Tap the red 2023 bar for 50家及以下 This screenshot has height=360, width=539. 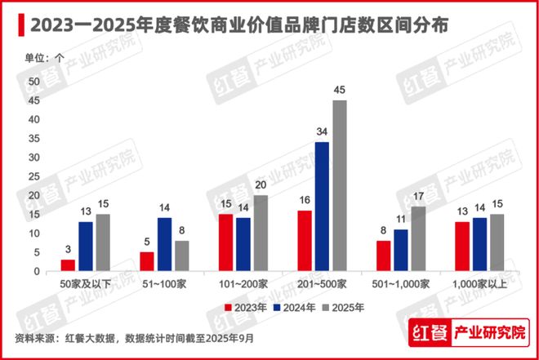tap(68, 265)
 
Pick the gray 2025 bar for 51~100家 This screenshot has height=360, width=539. tap(181, 256)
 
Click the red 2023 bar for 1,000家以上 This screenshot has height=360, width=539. tap(461, 247)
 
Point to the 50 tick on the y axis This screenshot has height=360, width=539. tap(33, 82)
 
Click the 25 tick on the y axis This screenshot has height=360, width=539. tap(33, 176)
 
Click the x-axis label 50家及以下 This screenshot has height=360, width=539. tap(85, 283)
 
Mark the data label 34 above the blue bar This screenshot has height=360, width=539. tap(322, 132)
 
